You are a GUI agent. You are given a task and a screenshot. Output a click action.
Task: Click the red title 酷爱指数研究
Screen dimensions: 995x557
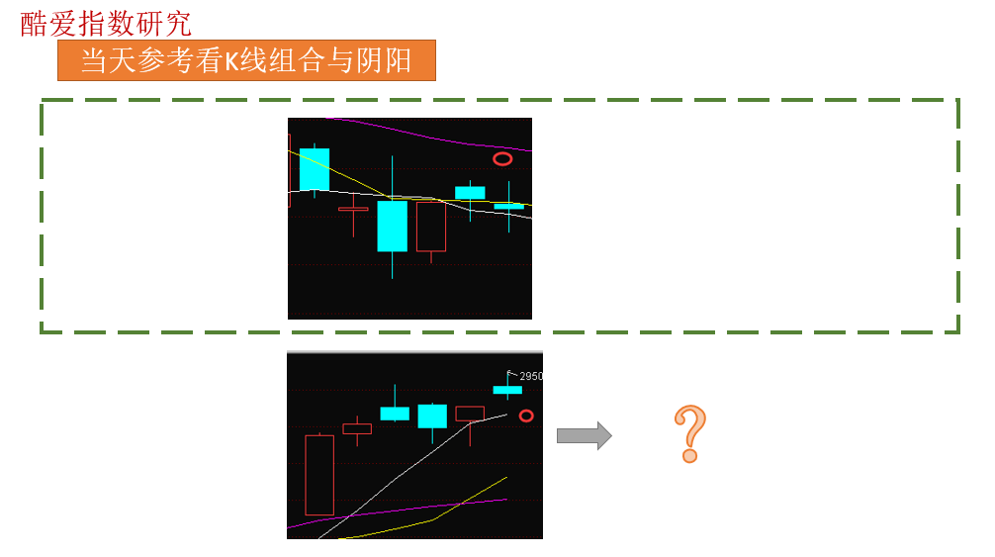coord(106,24)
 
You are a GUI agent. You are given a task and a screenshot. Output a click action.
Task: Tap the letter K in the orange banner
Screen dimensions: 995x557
coord(231,61)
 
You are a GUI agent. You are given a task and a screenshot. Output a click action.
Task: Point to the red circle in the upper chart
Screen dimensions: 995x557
coord(502,158)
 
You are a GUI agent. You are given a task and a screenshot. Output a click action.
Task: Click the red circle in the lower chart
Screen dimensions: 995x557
coord(526,417)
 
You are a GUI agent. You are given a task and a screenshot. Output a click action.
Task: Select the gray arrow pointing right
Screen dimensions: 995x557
coord(585,436)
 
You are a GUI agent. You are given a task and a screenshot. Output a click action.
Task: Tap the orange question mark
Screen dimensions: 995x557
coord(689,434)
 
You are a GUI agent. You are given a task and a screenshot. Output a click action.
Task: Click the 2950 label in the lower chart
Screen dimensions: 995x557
coord(530,376)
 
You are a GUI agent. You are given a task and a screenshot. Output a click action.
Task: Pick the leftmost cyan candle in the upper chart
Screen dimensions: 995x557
coord(315,169)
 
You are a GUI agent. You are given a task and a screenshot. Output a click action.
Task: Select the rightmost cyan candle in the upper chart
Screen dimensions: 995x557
coord(509,206)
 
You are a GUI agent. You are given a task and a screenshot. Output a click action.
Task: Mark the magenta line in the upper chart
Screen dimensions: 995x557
coord(429,135)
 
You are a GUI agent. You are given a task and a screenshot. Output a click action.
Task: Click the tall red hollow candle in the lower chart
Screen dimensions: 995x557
coord(319,475)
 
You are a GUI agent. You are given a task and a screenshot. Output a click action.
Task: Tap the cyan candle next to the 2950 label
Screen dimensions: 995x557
coord(507,388)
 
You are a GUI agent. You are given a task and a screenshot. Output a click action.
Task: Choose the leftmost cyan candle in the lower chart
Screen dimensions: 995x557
coord(395,412)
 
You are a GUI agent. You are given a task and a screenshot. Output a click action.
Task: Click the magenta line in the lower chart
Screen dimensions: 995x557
coord(398,511)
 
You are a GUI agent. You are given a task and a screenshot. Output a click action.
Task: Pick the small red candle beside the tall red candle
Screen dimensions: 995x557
coord(357,429)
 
